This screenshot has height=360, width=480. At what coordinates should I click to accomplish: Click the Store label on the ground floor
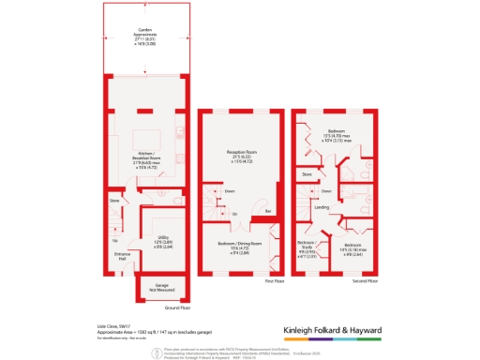(x=115, y=200)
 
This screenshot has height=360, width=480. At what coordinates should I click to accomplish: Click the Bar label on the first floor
(x=267, y=212)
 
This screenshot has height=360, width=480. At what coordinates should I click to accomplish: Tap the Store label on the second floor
(x=306, y=174)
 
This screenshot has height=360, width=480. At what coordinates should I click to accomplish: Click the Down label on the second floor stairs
(x=325, y=191)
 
